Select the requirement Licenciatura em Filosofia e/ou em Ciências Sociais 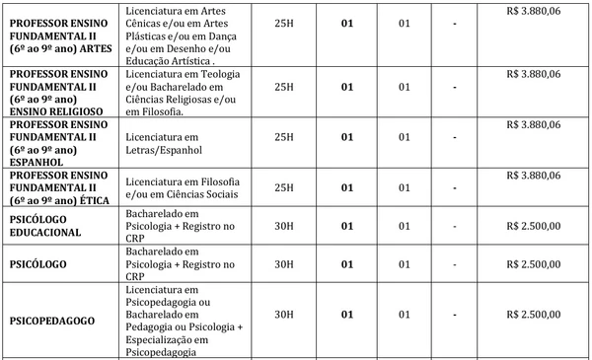(x=185, y=181)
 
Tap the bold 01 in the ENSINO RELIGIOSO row (x=346, y=87)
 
